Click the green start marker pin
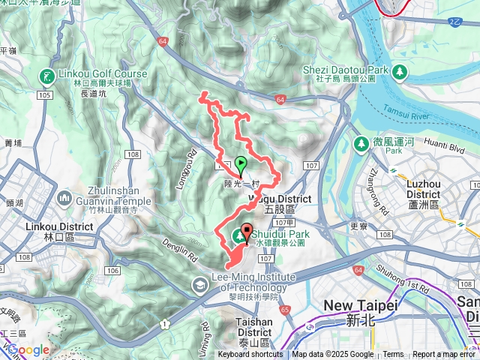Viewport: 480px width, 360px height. tap(241, 164)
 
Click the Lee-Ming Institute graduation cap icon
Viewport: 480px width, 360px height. tap(199, 283)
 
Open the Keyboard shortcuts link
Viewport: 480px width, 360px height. tap(251, 355)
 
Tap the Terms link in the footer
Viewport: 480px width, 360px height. tap(393, 355)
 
